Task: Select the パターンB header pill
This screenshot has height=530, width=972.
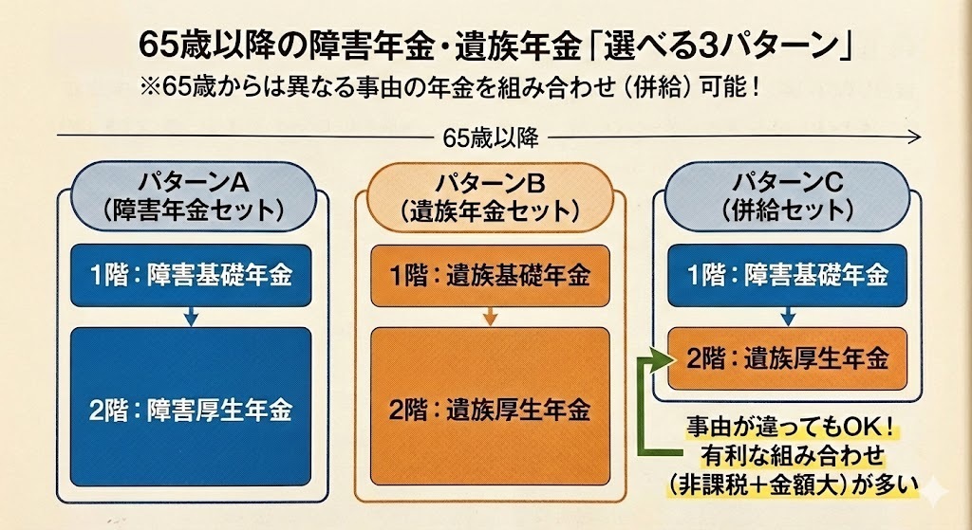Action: coord(490,194)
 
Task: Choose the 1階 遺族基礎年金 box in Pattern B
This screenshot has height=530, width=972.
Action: coord(490,276)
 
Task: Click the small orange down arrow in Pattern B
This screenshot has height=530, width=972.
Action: coord(490,318)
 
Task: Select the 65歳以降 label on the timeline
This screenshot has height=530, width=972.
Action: coord(491,138)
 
